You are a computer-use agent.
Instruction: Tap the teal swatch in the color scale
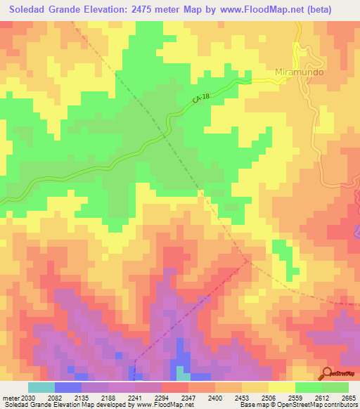coord(41,387)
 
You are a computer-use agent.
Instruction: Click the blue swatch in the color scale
coord(67,387)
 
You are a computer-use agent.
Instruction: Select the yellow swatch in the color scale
coord(282,387)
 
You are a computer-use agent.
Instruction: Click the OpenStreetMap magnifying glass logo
coord(326,374)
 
